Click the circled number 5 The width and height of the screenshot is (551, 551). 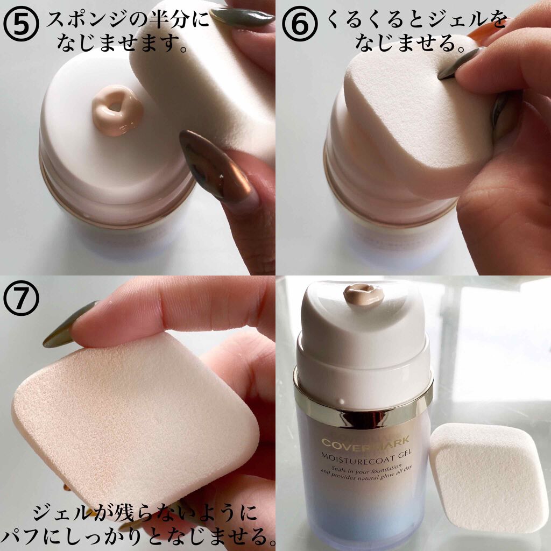(x=21, y=25)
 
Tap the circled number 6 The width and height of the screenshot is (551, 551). (x=300, y=25)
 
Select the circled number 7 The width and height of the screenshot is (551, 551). (x=21, y=298)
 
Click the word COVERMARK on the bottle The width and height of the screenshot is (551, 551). (x=365, y=441)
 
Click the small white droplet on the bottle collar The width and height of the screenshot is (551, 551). (x=341, y=401)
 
